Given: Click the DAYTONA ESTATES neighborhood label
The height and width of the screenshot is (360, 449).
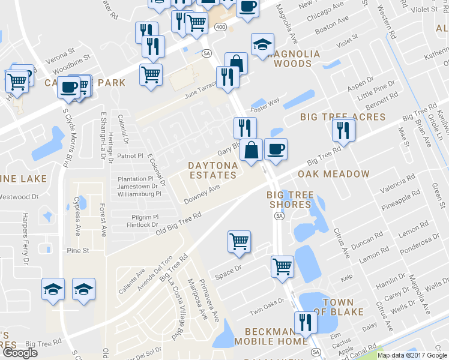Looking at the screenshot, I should (x=212, y=170).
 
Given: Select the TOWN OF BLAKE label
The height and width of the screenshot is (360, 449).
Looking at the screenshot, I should (x=343, y=307).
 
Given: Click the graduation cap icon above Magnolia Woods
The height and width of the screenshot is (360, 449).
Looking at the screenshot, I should (x=262, y=44).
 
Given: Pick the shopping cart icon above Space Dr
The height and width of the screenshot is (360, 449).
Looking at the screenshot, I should (x=239, y=241).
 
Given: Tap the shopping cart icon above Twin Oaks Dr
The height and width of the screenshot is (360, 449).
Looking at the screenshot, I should (x=282, y=266).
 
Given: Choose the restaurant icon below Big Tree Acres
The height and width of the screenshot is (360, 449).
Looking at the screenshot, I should (x=343, y=129).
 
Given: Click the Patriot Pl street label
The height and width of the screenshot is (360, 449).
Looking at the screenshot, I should (x=131, y=155).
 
